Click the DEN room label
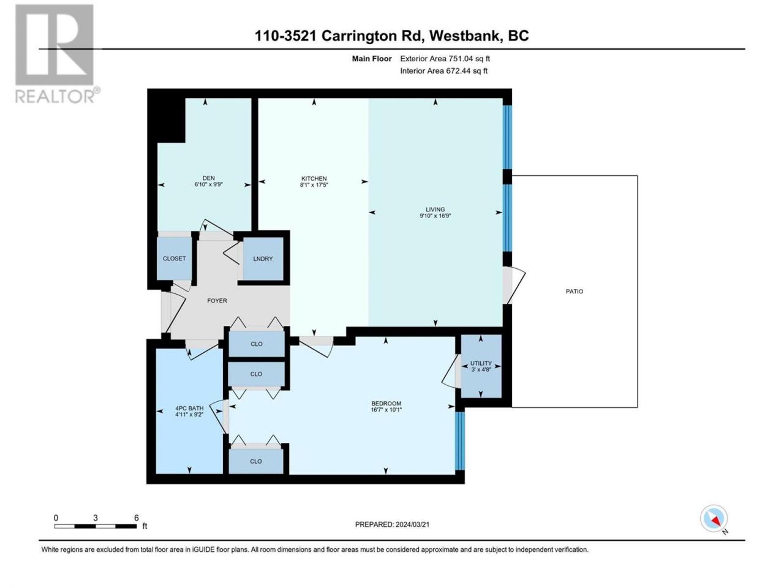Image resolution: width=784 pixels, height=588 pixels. pos(209,178)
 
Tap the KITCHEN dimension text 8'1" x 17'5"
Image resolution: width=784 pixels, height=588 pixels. pos(314,185)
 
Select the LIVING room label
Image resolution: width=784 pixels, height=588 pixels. pos(435,209)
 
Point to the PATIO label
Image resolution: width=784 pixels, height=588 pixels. pos(575,292)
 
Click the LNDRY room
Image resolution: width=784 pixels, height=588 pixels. pos(263,258)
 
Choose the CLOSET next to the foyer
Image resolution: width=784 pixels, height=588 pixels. pos(175,258)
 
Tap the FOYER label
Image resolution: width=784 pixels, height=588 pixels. pos(217,301)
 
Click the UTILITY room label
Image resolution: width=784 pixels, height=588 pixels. pos(481,363)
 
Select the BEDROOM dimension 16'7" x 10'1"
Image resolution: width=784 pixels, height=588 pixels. pos(386,410)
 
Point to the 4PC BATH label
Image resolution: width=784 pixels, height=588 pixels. pos(189,408)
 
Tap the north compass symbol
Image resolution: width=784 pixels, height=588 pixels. pos(714,519)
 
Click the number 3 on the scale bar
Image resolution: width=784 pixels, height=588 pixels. pos(96,518)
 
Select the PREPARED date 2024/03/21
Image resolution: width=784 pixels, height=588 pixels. pos(412,524)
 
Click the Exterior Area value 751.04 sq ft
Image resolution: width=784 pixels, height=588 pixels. pos(469,59)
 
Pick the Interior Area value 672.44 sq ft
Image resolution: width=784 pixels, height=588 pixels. pos(467,70)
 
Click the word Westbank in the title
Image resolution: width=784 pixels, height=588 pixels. pos(463,36)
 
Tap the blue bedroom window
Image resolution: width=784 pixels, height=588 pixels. pos(460,441)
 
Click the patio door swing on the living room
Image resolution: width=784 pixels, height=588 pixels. pos(514,285)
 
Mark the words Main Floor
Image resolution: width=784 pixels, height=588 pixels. pos(372,59)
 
